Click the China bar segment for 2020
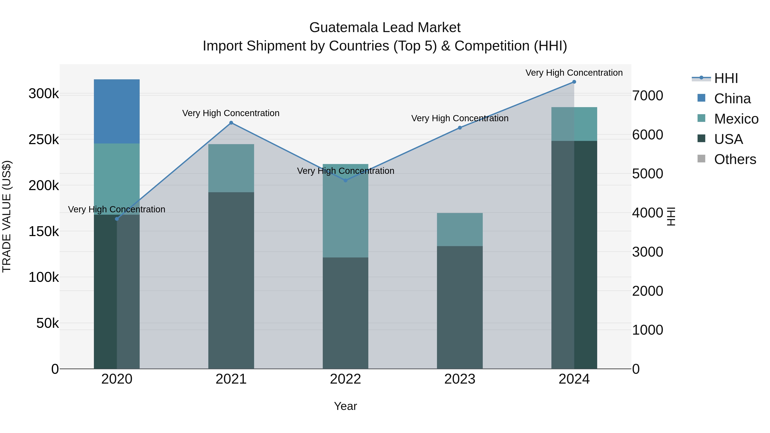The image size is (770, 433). (x=117, y=111)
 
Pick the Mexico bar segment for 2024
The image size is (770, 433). (x=574, y=124)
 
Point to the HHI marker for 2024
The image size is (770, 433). (x=574, y=82)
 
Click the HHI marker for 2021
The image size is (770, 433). (x=231, y=123)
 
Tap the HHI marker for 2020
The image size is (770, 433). (x=117, y=219)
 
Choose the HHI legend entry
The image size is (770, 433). (x=726, y=78)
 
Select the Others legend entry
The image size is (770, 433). (x=735, y=159)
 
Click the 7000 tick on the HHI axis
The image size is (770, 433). (x=647, y=96)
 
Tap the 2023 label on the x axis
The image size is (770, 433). (x=459, y=379)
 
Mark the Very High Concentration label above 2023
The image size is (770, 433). (x=459, y=118)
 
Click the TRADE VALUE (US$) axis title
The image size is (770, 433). (x=7, y=216)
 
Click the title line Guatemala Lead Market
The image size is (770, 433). (x=385, y=28)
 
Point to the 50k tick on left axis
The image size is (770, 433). (x=47, y=323)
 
